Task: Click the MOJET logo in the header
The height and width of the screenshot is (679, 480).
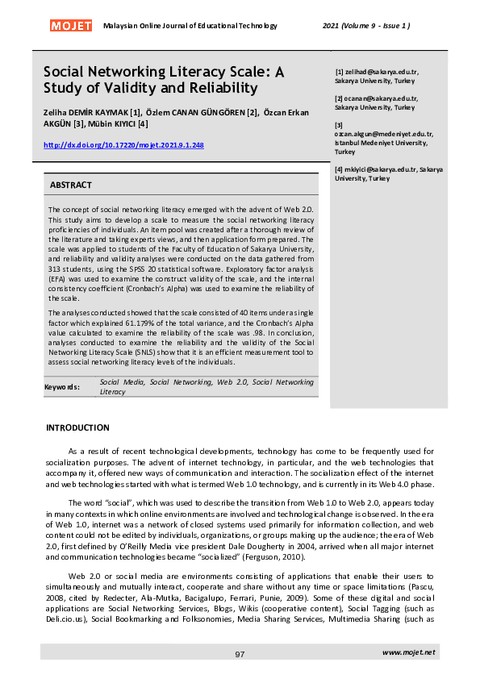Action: click(x=71, y=26)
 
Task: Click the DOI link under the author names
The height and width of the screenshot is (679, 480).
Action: click(x=123, y=145)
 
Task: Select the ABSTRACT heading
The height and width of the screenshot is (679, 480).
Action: click(x=71, y=185)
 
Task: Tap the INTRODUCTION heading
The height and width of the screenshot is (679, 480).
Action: click(x=77, y=427)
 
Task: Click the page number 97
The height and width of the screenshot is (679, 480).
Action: click(x=240, y=654)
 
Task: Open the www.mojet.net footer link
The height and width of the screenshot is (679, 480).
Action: click(x=408, y=652)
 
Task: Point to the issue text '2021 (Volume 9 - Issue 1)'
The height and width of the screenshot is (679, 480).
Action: click(x=366, y=26)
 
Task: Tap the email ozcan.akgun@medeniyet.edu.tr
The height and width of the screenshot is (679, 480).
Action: click(x=384, y=134)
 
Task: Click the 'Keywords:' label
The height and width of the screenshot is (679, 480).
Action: click(x=62, y=387)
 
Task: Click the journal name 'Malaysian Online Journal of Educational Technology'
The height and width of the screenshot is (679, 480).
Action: click(x=190, y=26)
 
